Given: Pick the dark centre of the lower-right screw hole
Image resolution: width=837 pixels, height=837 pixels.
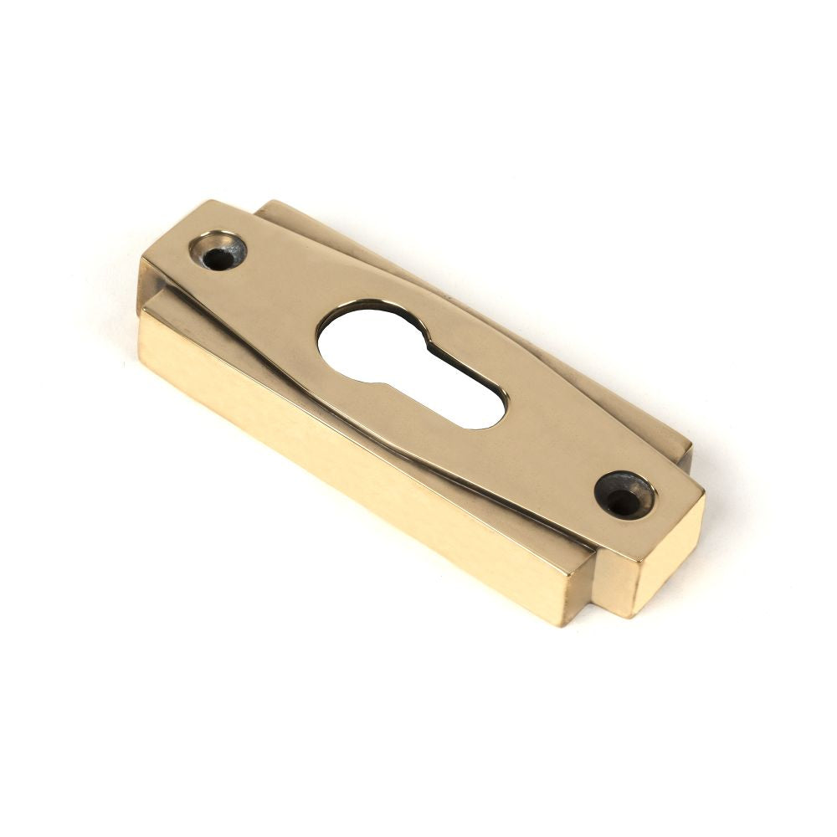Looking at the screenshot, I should tap(621, 503).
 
